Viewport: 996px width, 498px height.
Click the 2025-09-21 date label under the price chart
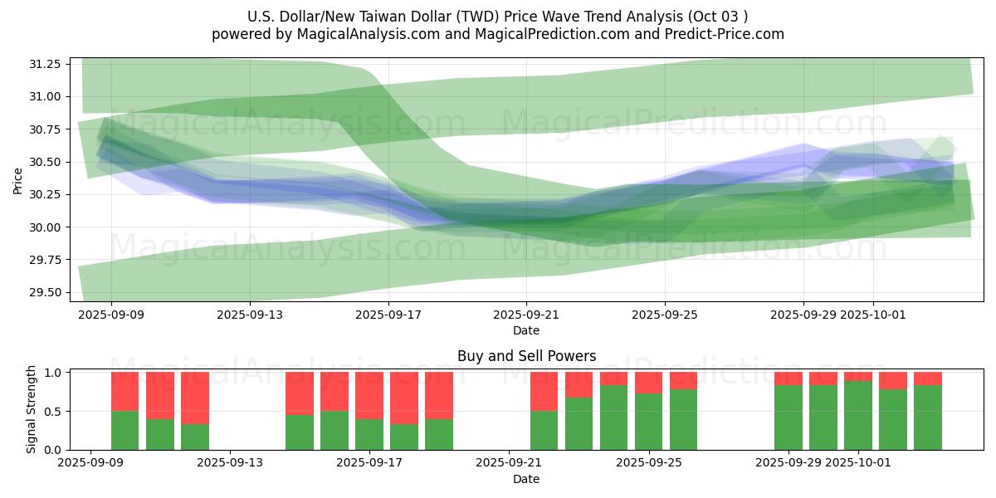click(x=526, y=315)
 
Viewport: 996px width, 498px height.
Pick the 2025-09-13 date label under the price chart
click(x=250, y=315)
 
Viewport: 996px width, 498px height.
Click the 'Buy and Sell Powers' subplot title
click(x=526, y=356)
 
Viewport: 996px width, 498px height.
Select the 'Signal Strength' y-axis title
click(x=31, y=409)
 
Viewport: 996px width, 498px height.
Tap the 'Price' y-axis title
click(x=18, y=180)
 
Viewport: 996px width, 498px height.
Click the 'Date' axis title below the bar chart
click(x=526, y=479)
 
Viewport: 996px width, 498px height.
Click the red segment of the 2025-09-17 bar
click(x=369, y=395)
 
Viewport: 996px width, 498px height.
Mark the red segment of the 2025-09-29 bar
click(x=788, y=378)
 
